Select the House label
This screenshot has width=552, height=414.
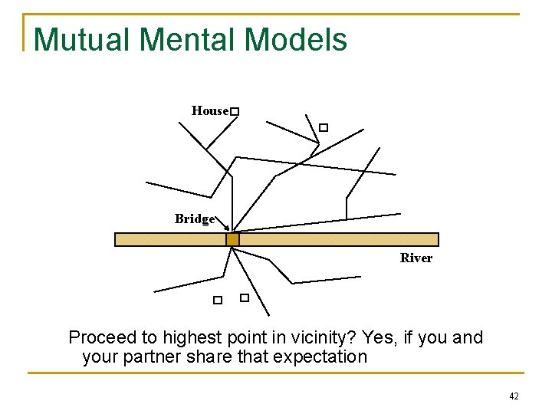point(209,111)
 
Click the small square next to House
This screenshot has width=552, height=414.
point(235,113)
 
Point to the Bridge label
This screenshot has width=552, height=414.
point(195,219)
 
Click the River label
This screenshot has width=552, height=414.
point(416,258)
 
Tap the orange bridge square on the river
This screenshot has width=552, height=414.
point(232,239)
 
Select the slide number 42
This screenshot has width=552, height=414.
point(514,396)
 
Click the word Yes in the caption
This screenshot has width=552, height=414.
point(377,338)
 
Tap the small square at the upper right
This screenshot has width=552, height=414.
point(324,127)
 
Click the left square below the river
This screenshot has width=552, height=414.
point(218,301)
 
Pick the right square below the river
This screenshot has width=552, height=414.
point(245,297)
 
